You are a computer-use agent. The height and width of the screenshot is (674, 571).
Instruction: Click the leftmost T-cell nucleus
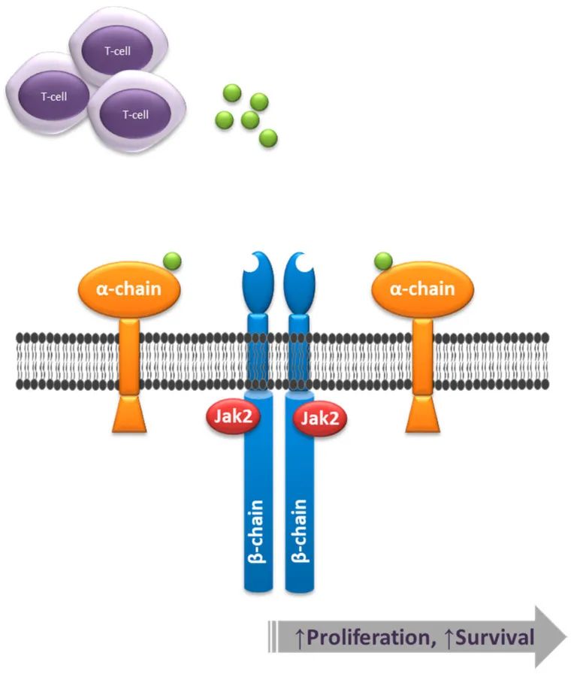pos(53,97)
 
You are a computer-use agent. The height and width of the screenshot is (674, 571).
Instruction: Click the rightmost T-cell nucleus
pos(135,114)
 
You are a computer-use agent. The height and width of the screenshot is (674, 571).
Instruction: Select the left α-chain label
pos(129,289)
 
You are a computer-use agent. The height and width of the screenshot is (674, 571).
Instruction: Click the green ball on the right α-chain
pos(384,261)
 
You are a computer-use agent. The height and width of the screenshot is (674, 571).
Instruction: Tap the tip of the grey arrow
pos(565,637)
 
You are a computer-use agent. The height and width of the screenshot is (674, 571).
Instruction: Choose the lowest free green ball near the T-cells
pos(268,138)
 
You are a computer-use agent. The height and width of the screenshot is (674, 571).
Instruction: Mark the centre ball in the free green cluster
pos(250,119)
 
